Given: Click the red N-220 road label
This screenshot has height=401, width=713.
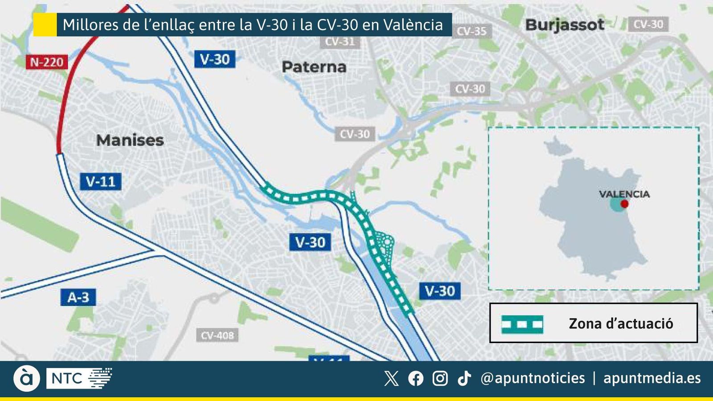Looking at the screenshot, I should [47, 62].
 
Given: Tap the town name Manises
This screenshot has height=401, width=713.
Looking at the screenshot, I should [130, 140].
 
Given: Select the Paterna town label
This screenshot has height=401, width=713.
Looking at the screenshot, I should [314, 67].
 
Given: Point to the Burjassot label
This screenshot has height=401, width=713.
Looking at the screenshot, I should [565, 25].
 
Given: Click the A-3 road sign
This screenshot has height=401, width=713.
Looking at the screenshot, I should [78, 297].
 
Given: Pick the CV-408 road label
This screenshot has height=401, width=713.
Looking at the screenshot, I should [217, 335].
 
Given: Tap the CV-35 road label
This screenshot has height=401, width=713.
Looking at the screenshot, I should [471, 31].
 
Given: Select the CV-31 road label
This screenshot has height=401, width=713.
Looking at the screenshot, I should [340, 42].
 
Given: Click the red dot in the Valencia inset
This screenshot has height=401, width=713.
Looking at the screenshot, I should [624, 204].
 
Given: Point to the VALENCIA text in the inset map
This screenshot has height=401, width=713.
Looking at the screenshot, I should [624, 194].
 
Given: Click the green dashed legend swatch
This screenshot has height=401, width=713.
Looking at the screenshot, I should [522, 324].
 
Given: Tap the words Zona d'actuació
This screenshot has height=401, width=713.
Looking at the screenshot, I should [621, 323].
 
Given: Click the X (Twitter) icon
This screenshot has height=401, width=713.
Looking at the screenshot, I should [391, 378].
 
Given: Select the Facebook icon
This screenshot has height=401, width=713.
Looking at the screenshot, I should [416, 378].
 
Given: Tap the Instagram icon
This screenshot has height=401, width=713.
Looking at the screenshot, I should [440, 378].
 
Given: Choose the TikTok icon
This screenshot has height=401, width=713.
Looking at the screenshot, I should [464, 378].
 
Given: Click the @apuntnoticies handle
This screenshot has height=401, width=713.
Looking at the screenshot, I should [533, 378].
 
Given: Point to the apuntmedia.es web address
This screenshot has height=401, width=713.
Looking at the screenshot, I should [652, 378].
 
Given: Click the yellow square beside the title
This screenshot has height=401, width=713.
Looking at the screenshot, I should [45, 25].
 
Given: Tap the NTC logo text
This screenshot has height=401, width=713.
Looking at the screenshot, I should [67, 379].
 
